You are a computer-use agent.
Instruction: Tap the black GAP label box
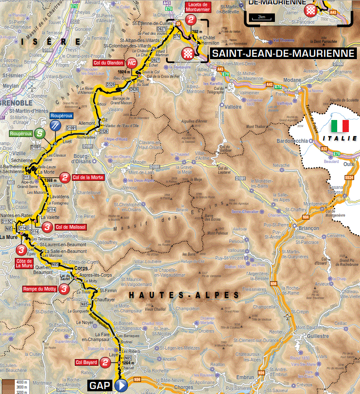(x=100, y=385)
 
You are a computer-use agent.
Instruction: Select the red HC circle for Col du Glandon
(x=132, y=63)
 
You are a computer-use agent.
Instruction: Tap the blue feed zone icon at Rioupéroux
(x=56, y=125)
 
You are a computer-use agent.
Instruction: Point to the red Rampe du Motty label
(x=39, y=289)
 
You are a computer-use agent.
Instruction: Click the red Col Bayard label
(x=87, y=362)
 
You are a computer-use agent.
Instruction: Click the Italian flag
(x=340, y=125)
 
